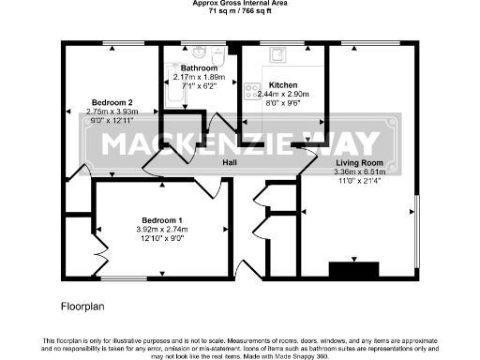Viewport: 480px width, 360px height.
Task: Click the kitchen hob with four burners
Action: coord(250,91)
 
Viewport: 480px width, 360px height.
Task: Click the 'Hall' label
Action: coord(229,162)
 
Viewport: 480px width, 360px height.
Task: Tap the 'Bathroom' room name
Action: coord(200,68)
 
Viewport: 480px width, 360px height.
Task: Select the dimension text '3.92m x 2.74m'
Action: coord(162,229)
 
